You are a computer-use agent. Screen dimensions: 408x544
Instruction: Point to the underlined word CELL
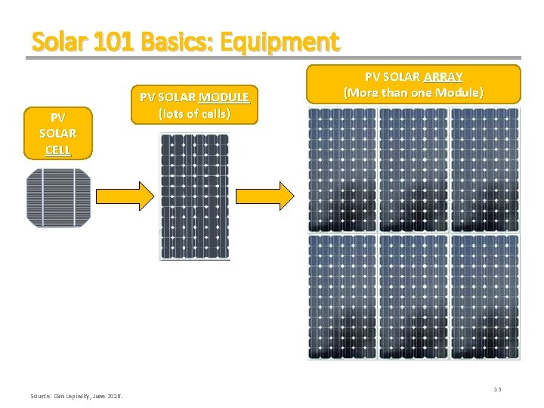coord(58,150)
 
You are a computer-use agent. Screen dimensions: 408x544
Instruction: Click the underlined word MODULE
coord(224,97)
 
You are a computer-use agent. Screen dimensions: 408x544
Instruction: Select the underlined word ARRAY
coord(444,77)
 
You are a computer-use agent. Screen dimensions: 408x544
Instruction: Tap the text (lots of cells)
coord(195,113)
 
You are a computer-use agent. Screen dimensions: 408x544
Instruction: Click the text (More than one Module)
coord(413,93)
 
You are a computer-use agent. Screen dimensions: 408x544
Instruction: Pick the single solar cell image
coord(58,198)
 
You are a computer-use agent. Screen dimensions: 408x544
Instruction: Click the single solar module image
coord(195,196)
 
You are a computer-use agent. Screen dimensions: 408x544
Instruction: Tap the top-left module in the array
coord(342,169)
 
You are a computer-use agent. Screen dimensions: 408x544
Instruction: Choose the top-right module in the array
coord(485,169)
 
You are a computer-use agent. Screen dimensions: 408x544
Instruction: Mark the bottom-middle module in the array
coord(413,297)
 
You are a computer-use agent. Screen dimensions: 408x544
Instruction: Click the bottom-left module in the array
coord(342,297)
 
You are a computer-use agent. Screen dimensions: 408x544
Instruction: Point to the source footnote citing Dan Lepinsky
coord(78,396)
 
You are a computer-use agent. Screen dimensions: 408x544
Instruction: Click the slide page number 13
coord(497,389)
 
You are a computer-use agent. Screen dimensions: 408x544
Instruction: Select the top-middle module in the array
coord(413,169)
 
